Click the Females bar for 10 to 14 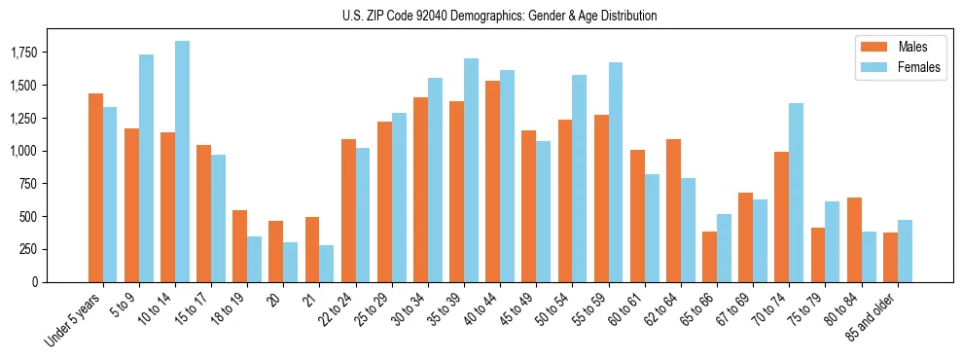(x=182, y=162)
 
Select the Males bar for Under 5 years (x=95, y=188)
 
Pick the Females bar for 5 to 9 (x=146, y=168)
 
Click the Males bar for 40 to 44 (x=492, y=181)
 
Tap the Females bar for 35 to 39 (x=471, y=170)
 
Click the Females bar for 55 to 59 (x=615, y=172)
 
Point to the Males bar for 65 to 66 (x=709, y=257)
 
